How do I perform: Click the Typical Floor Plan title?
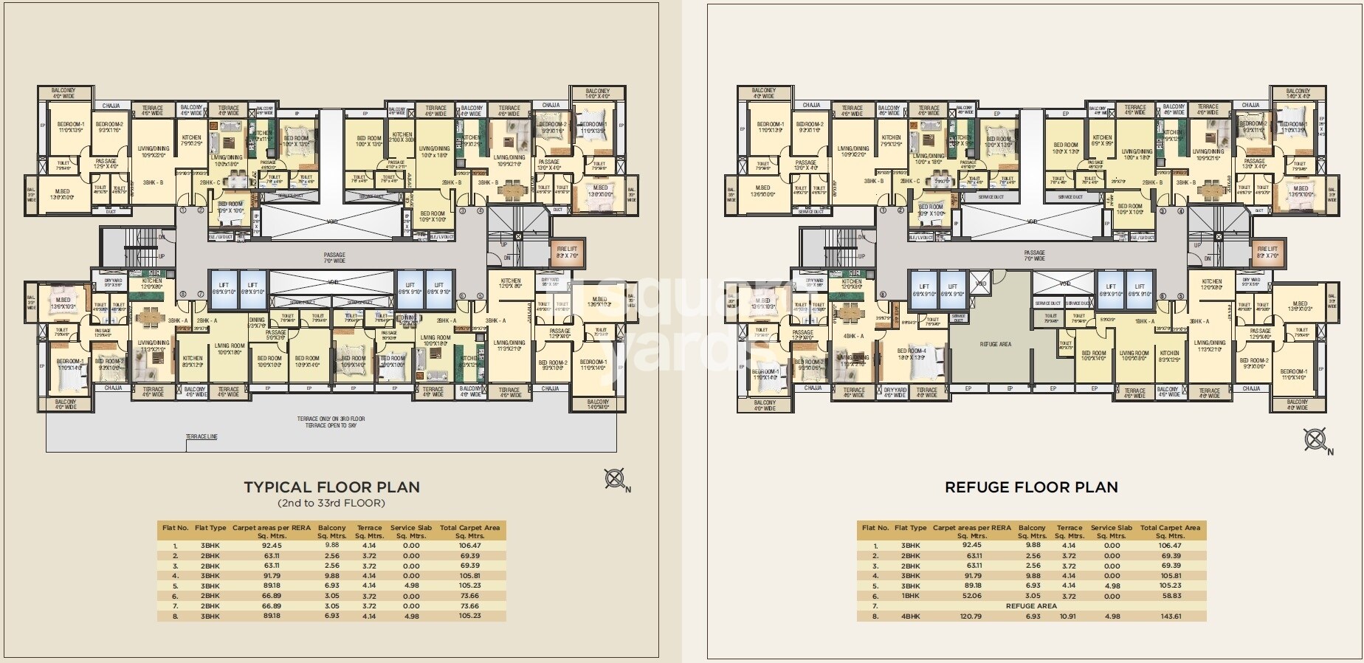(x=331, y=487)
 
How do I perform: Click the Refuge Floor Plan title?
(x=1031, y=487)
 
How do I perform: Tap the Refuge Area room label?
(x=995, y=344)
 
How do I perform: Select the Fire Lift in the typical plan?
(x=567, y=253)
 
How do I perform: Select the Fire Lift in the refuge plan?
(x=1267, y=253)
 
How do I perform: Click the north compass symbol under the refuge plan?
(x=1315, y=441)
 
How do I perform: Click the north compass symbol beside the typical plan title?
(x=615, y=479)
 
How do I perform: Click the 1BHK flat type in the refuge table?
(x=909, y=596)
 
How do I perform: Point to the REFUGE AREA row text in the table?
(x=1031, y=605)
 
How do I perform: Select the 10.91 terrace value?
(x=1069, y=616)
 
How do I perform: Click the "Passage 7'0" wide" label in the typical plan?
(x=334, y=257)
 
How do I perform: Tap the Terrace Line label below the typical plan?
(x=201, y=437)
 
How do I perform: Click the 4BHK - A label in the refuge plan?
(x=853, y=336)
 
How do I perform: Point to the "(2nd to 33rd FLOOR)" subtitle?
(x=331, y=504)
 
